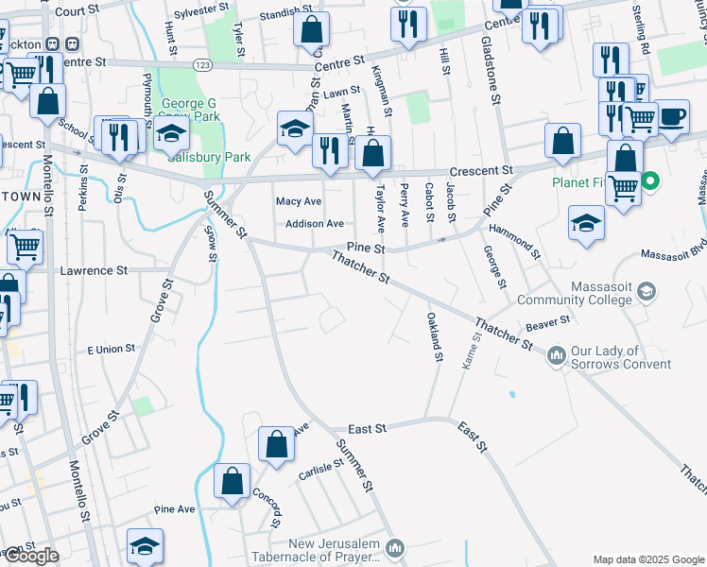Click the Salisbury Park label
click(209, 157)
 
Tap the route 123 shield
click(203, 63)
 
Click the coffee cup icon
click(672, 117)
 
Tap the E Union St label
click(111, 349)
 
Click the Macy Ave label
click(298, 201)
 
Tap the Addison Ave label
click(315, 224)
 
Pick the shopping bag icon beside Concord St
click(233, 481)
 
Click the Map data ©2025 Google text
click(648, 559)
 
